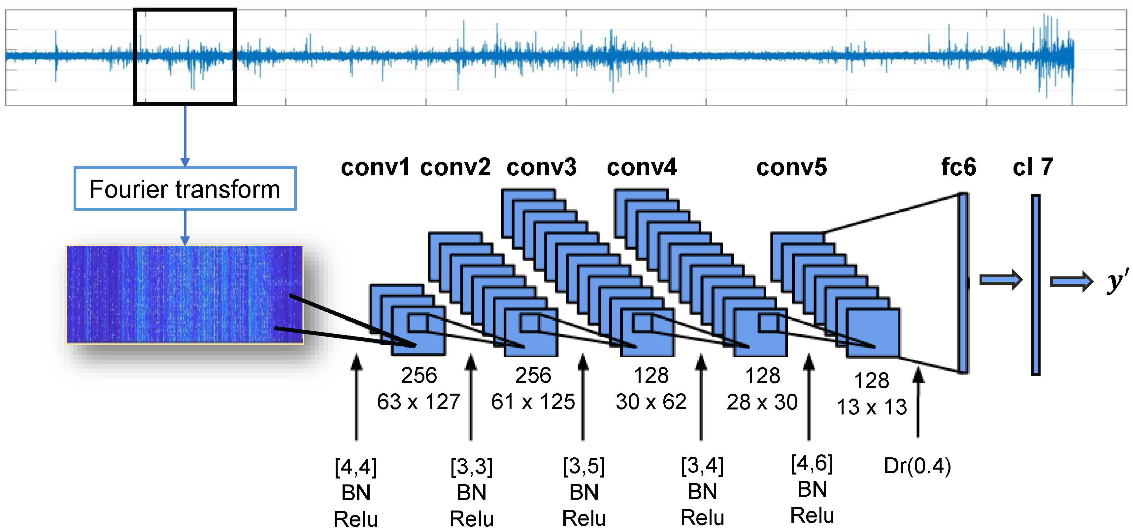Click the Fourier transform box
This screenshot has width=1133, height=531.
[x=185, y=189]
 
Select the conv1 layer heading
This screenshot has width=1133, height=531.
[x=375, y=168]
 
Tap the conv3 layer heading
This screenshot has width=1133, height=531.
[x=542, y=168]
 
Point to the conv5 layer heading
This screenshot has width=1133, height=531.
[x=791, y=168]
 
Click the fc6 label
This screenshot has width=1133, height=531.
[x=958, y=168]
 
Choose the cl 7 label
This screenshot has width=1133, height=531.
[x=1033, y=168]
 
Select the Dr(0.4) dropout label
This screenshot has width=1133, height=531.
[x=917, y=466]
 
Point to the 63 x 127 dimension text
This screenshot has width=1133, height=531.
[x=418, y=402]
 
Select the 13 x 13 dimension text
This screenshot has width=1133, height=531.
[x=871, y=407]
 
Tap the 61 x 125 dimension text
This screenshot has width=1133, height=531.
[x=533, y=402]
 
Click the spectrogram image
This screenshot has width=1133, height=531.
[x=185, y=294]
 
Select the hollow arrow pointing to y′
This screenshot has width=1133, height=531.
[x=1071, y=282]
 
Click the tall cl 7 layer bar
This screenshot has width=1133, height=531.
[x=1035, y=285]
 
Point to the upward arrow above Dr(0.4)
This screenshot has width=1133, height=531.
[x=918, y=403]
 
